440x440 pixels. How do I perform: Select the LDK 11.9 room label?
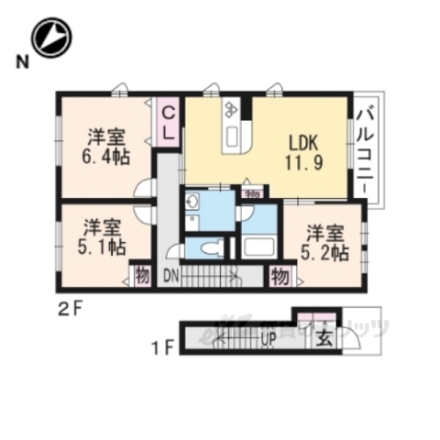[303, 152]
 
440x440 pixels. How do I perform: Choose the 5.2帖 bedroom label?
[326, 240]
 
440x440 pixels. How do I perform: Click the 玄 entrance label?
[324, 337]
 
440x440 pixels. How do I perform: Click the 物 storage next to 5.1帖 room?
[142, 275]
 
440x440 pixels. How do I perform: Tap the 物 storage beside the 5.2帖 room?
[280, 275]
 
